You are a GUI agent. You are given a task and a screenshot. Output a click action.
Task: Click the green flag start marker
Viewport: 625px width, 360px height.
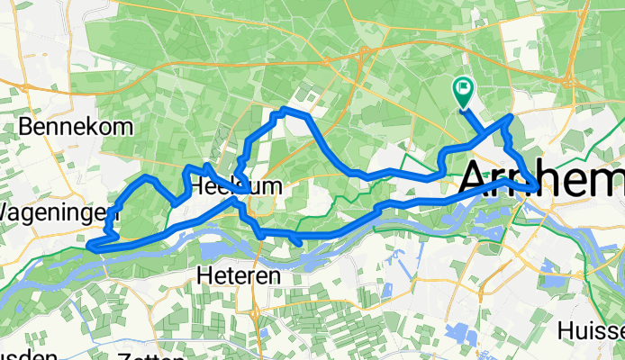tap(464, 88)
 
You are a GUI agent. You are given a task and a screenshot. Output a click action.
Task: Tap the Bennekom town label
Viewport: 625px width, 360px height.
tap(76, 126)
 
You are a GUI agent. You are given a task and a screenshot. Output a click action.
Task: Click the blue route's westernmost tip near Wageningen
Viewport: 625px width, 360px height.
tap(91, 242)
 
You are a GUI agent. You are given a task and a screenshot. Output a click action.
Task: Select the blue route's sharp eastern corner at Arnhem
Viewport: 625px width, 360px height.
tap(539, 188)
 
